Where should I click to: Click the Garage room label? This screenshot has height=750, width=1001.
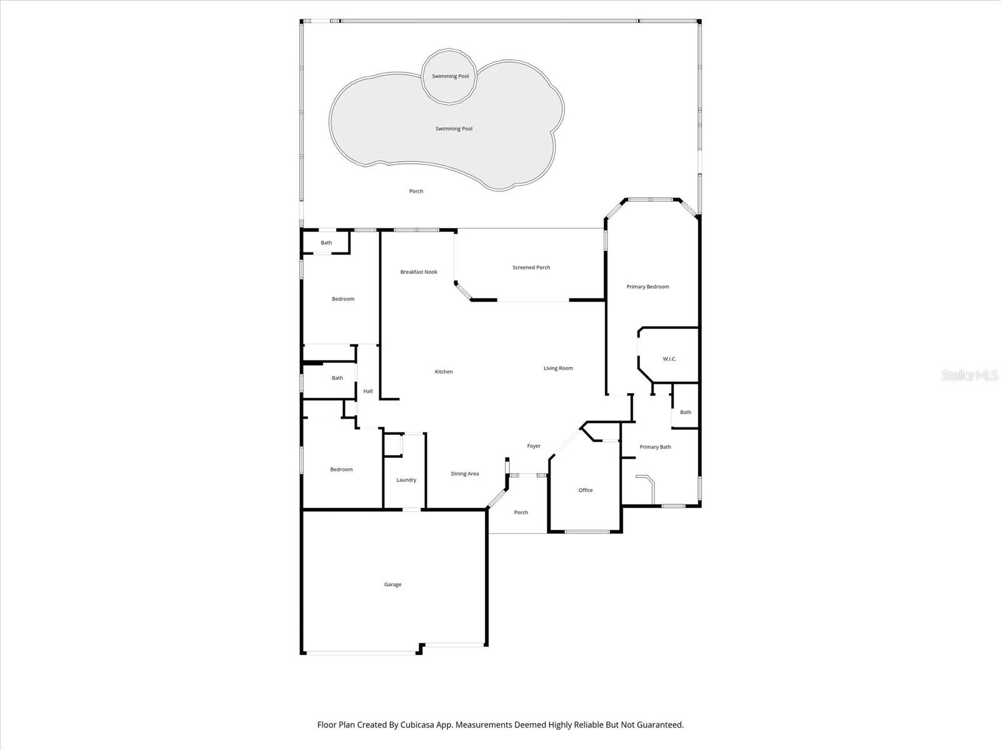pos(393,584)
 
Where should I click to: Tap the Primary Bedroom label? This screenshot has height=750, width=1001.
pos(648,287)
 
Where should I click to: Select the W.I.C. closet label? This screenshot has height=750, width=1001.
pos(669,359)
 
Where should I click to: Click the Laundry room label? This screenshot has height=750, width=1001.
pos(406,480)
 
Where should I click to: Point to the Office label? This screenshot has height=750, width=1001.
pos(586,490)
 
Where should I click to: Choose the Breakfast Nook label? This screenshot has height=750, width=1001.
pos(419,272)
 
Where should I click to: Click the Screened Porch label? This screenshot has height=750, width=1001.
pos(531,267)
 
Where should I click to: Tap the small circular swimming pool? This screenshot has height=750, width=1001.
pos(450,76)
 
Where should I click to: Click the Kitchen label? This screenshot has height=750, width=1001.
pos(444,372)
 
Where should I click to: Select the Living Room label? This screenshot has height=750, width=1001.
pos(558,368)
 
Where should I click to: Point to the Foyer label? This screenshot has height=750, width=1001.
pos(534,446)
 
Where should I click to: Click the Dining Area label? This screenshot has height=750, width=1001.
pos(465,474)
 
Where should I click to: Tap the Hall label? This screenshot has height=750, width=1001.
pos(368,391)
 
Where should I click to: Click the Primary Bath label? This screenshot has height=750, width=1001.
pos(655,447)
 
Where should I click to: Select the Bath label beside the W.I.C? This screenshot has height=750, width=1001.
pos(686,412)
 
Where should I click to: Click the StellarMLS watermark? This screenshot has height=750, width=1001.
pos(970,375)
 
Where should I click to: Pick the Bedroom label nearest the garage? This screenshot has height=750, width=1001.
pos(342,469)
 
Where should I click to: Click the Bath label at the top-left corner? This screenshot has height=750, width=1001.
pos(326,242)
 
